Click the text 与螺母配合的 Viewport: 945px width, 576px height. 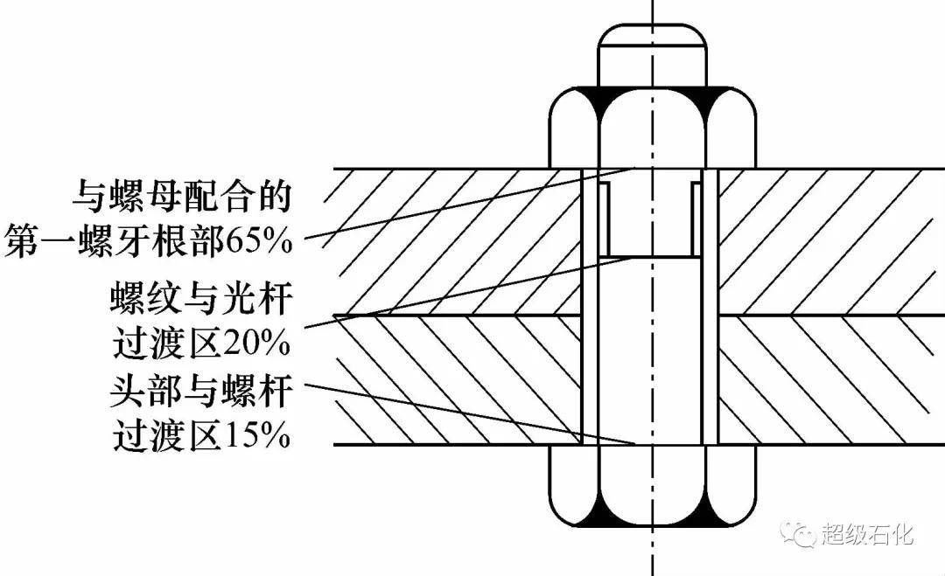pos(182,196)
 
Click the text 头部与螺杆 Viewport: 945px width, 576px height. pos(201,390)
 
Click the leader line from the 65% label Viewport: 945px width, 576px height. pos(470,204)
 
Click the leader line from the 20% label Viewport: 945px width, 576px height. pos(470,293)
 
